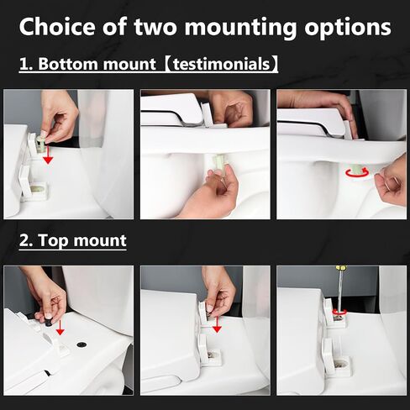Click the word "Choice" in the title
(x=57, y=26)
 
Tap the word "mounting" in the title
(x=240, y=27)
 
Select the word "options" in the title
(x=348, y=28)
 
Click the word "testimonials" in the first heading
(x=221, y=64)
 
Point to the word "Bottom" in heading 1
(x=69, y=64)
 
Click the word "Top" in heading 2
(x=53, y=241)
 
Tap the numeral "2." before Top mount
(x=27, y=240)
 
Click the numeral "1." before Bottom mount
(x=27, y=64)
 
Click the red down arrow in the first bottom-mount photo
(x=48, y=154)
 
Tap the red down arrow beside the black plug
(x=60, y=328)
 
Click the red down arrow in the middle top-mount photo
(x=217, y=323)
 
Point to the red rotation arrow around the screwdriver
(x=339, y=313)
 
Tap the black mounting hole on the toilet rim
(x=81, y=344)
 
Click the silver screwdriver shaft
(x=339, y=292)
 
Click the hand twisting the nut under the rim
(x=391, y=179)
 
